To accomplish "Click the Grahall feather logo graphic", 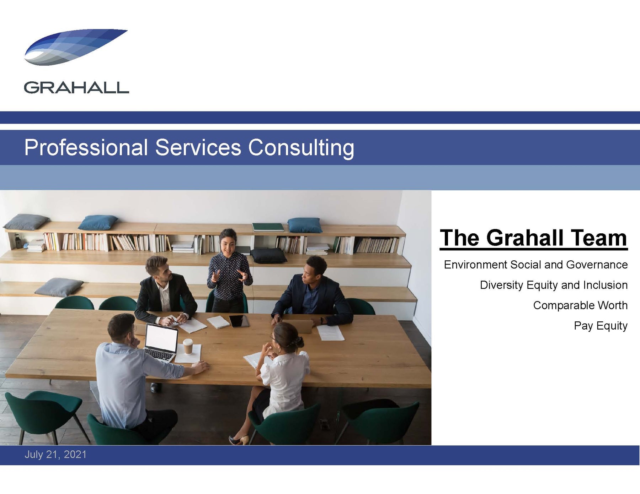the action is [x=75, y=47].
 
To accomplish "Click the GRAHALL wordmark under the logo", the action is [x=76, y=88].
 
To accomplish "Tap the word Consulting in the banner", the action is [x=301, y=148].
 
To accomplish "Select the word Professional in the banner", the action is [x=86, y=147].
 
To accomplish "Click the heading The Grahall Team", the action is [x=534, y=238].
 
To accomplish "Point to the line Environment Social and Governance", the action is [x=536, y=265].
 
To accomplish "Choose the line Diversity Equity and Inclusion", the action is [x=554, y=285].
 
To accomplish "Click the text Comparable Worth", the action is [x=580, y=305].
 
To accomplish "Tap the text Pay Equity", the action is [x=601, y=326].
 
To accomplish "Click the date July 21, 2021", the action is [x=55, y=455].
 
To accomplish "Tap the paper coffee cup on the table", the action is [x=188, y=346].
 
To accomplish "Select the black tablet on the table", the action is [x=239, y=321].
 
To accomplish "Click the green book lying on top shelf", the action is [x=268, y=227].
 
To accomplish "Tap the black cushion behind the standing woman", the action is [x=268, y=255].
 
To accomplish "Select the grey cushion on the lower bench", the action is [x=59, y=287].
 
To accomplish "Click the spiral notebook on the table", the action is [x=218, y=322].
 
